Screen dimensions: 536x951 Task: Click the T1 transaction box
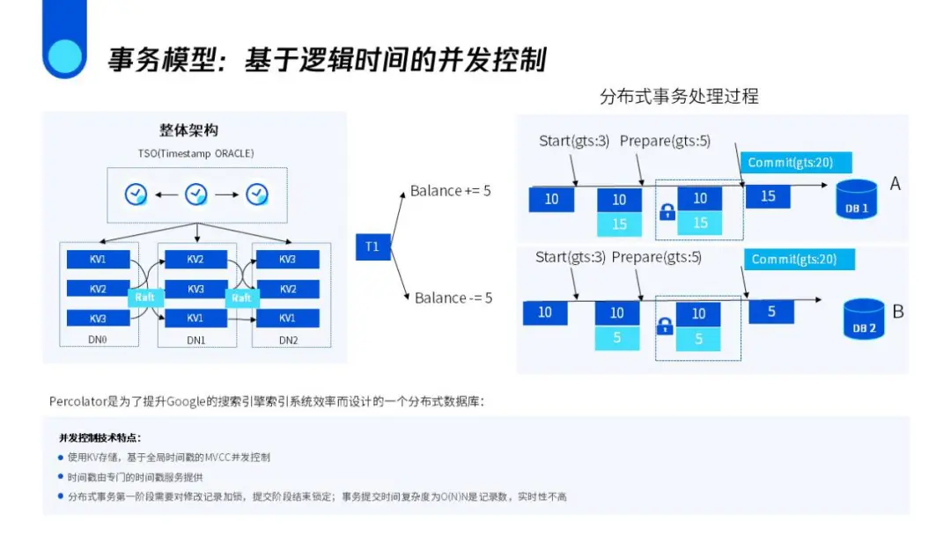pos(372,246)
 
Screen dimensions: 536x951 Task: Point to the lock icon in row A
pos(667,212)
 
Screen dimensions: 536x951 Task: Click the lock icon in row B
pos(666,327)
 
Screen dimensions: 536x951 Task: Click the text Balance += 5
pos(451,191)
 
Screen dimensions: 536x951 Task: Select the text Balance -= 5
pos(453,297)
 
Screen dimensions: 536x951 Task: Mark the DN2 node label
pos(288,340)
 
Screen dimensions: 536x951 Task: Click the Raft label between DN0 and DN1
pos(145,297)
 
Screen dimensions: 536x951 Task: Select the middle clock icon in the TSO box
pos(196,194)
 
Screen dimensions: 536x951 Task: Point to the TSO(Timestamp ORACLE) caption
pos(196,153)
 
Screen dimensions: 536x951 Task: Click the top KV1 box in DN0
pos(98,260)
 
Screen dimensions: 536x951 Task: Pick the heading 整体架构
pos(188,129)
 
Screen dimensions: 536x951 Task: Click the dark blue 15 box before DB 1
pos(768,196)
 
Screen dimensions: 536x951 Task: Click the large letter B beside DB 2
pos(898,312)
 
